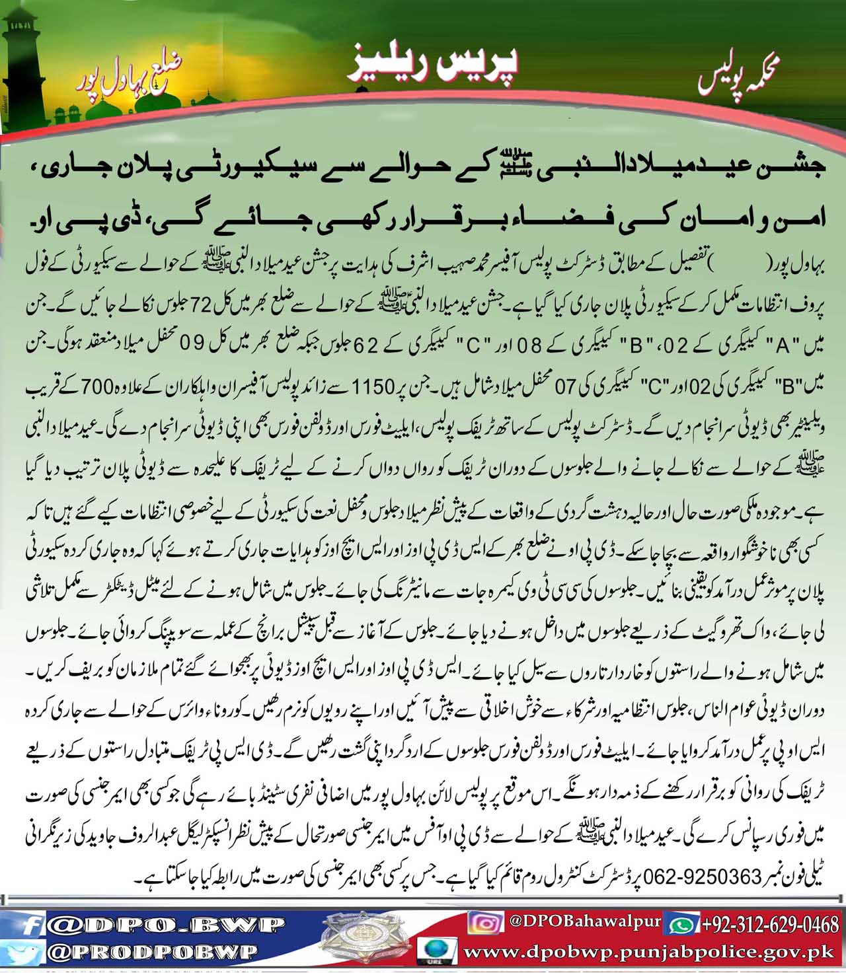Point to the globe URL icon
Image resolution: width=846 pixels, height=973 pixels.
click(436, 951)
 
